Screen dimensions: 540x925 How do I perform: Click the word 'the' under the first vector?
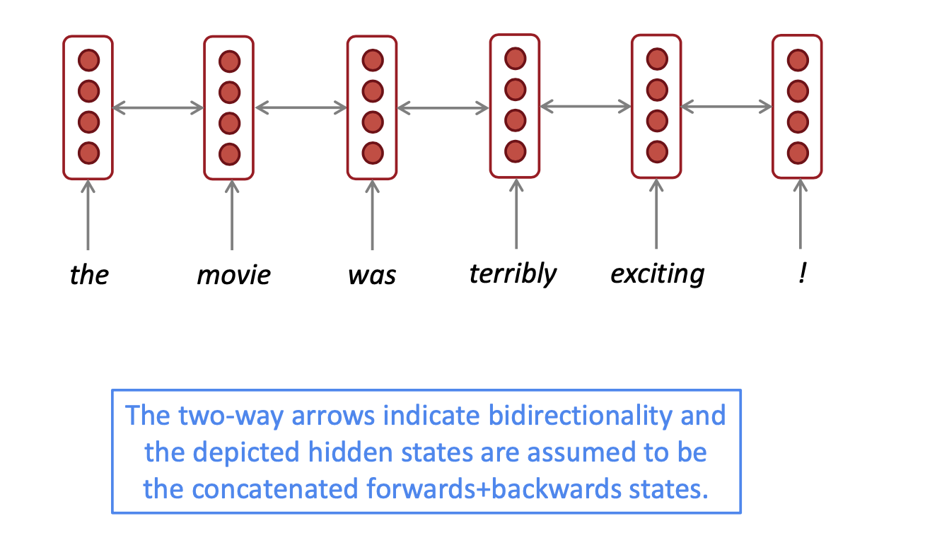(89, 274)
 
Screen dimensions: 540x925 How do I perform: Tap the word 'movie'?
(233, 274)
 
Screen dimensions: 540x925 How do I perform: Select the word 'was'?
(372, 274)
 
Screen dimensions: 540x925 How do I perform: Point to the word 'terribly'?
(513, 274)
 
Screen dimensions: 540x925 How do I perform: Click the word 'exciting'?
(657, 274)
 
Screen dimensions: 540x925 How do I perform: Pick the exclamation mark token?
(801, 274)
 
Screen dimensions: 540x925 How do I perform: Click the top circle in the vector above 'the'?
(88, 60)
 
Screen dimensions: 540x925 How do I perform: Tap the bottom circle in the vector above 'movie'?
(229, 153)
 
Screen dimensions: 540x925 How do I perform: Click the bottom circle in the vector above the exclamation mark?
(798, 152)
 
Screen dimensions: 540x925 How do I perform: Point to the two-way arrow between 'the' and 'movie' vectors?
(158, 107)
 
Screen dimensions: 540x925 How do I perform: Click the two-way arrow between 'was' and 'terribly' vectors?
(443, 108)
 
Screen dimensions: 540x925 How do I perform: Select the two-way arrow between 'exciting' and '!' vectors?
(727, 107)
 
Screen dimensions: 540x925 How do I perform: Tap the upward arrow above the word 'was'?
(372, 215)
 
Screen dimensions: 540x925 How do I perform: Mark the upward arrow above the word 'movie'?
(231, 215)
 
